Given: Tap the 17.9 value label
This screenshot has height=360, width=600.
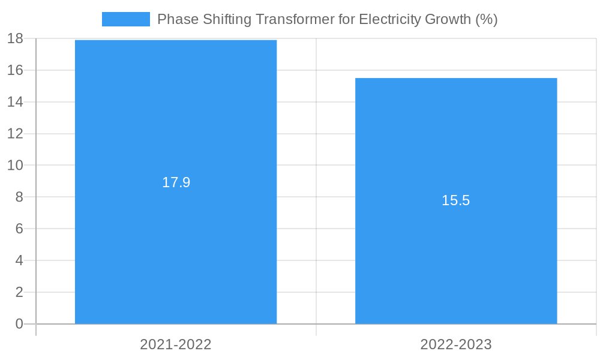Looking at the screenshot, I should point(176,182).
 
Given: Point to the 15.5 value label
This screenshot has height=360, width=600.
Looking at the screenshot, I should point(456,200).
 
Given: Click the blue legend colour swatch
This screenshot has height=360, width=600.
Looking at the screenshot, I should point(126,19).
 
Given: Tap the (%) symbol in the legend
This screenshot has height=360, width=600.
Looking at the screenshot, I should point(486,19).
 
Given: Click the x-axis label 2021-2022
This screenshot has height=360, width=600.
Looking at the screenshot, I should point(176,344).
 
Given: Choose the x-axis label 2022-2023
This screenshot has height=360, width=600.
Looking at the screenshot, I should point(456,344).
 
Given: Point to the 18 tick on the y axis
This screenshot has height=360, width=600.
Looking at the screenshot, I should point(15,39).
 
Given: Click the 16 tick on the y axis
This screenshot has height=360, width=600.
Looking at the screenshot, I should point(15,70).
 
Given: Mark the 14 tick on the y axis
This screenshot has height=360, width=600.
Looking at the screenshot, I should point(15,102).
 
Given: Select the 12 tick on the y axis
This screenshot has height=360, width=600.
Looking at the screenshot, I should point(15,134).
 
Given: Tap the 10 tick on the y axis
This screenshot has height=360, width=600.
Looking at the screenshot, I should point(15,165).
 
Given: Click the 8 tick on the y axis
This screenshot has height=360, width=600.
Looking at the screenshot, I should point(19,197).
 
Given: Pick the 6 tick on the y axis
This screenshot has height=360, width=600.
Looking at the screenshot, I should point(19,229).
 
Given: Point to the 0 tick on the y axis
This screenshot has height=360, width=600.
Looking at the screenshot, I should point(19,324).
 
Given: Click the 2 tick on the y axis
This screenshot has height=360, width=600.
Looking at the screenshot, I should point(19,292).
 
